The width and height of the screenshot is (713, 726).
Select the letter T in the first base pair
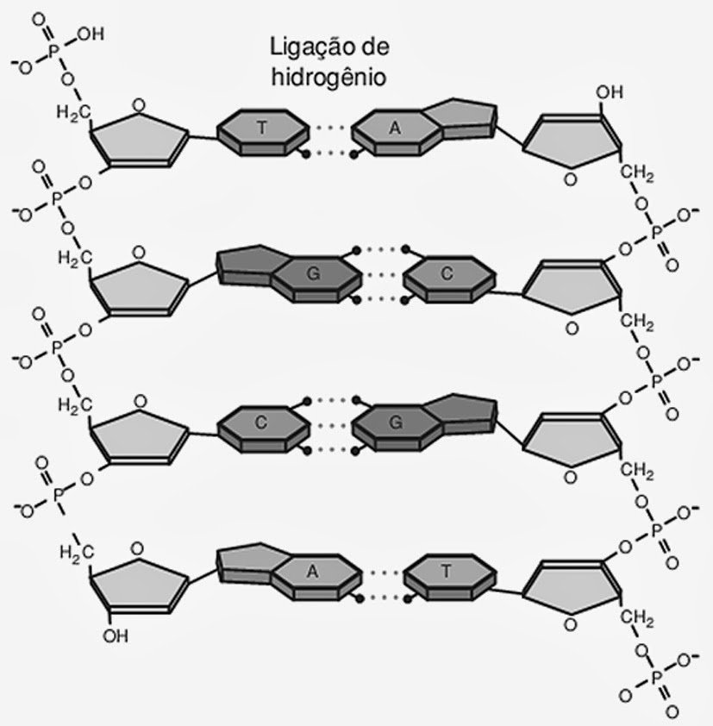(262, 128)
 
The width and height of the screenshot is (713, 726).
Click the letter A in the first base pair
(395, 128)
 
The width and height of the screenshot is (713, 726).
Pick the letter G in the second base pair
(313, 274)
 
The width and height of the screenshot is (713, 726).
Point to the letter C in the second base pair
(446, 274)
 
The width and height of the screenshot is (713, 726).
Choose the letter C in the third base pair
(262, 422)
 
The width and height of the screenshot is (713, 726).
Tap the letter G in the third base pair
(396, 422)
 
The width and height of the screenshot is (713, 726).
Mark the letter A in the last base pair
(313, 570)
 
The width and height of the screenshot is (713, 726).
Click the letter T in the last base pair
(446, 570)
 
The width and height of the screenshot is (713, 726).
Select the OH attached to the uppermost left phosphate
(89, 35)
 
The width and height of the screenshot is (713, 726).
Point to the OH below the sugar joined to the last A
(114, 637)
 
